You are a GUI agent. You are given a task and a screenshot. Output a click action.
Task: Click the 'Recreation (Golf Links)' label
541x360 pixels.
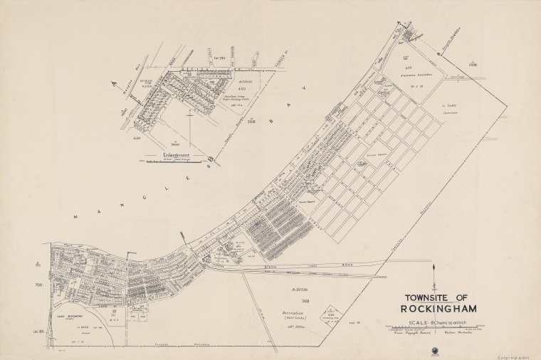(293, 314)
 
